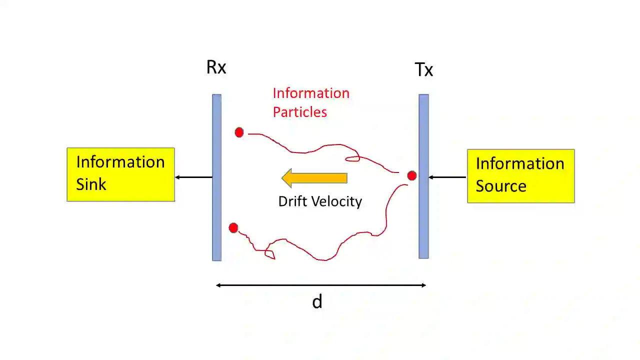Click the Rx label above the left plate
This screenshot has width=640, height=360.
point(216,67)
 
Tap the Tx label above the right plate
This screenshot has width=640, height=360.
point(423,69)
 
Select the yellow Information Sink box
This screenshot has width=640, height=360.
point(120,174)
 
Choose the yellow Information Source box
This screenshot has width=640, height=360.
point(520,176)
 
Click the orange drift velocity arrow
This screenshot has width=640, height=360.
point(314,178)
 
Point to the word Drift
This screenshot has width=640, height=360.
point(291,201)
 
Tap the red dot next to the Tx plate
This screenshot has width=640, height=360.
point(411,176)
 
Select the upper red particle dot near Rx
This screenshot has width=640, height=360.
point(239,132)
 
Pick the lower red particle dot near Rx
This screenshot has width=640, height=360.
point(233,228)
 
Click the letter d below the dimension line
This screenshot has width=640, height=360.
point(317,301)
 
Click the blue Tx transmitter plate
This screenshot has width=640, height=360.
point(423,220)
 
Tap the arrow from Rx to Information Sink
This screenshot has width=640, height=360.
point(193,177)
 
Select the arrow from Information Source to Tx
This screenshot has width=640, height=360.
point(447,177)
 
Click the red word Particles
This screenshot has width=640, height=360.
point(299,112)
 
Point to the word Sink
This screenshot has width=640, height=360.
point(91,184)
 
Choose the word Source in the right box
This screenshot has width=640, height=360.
point(500,186)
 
